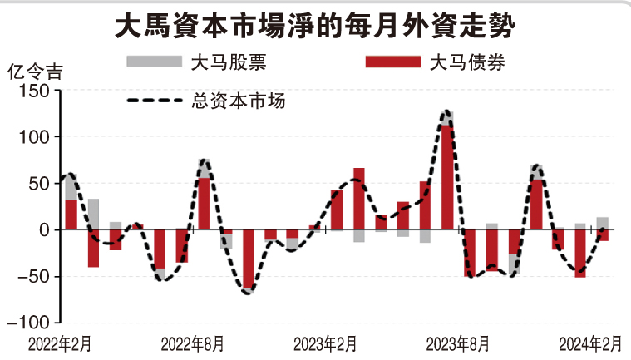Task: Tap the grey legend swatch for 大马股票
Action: [x=154, y=61]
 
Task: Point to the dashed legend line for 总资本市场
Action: [x=154, y=101]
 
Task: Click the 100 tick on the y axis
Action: [x=37, y=137]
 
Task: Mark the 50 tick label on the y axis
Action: [x=42, y=184]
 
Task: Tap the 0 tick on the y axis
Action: [x=47, y=229]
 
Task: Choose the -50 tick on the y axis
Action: [x=38, y=276]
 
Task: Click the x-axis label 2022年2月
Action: [x=61, y=343]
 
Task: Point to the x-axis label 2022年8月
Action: [x=192, y=343]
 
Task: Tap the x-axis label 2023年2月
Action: [x=326, y=343]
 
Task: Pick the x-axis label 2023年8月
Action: [x=458, y=343]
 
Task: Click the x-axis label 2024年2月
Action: [x=589, y=343]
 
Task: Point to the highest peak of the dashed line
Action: [x=447, y=111]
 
